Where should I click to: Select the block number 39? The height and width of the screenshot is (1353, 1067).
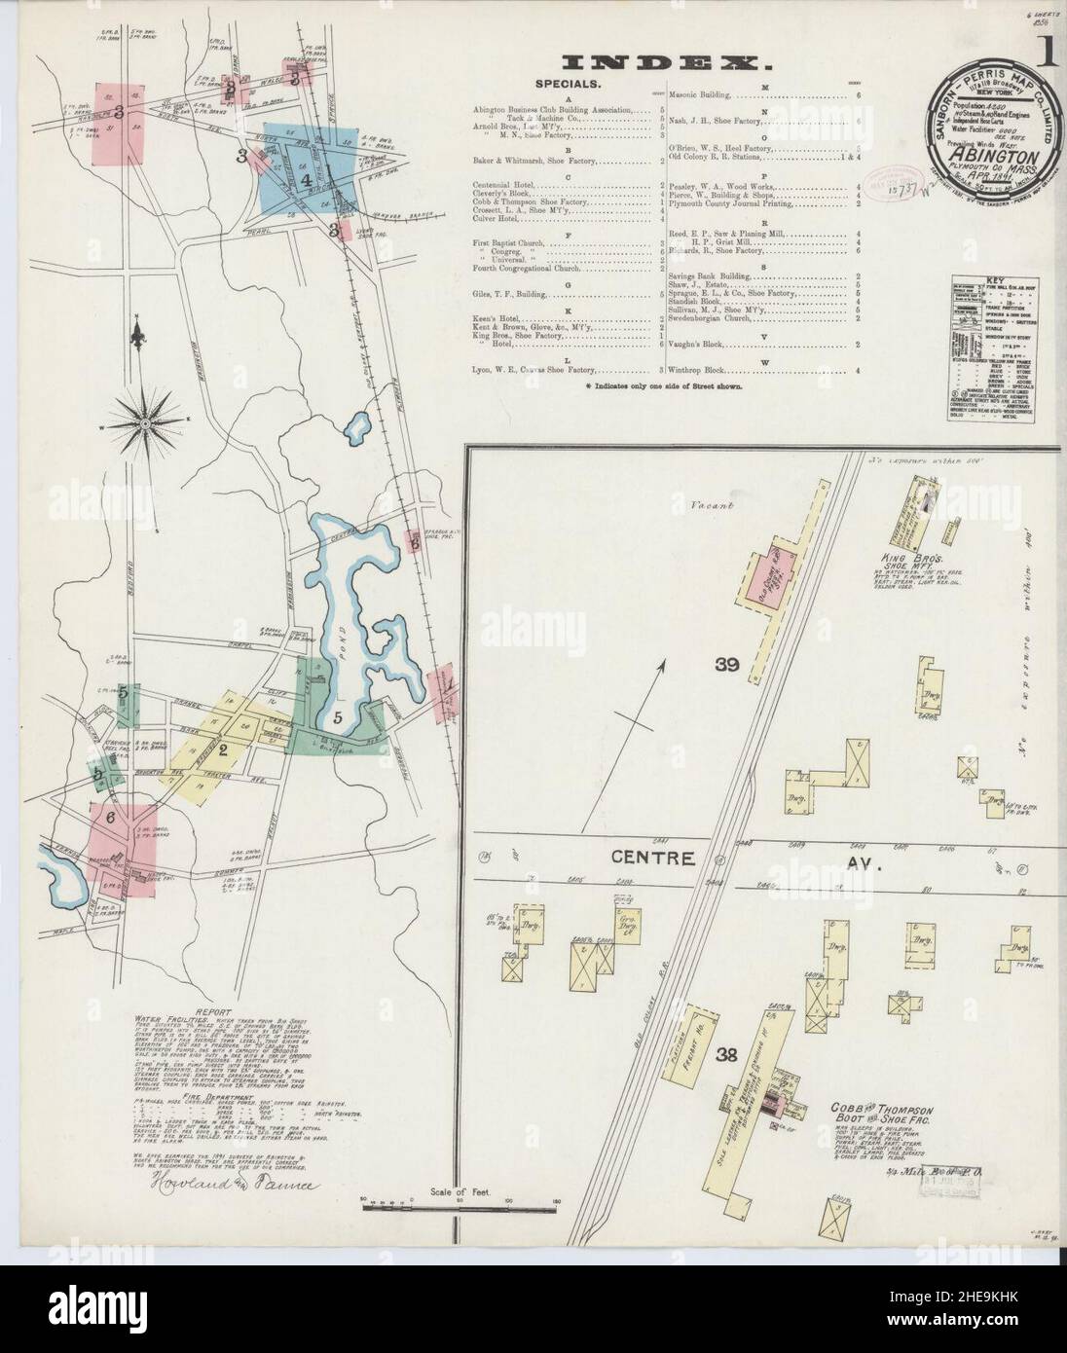727,666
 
